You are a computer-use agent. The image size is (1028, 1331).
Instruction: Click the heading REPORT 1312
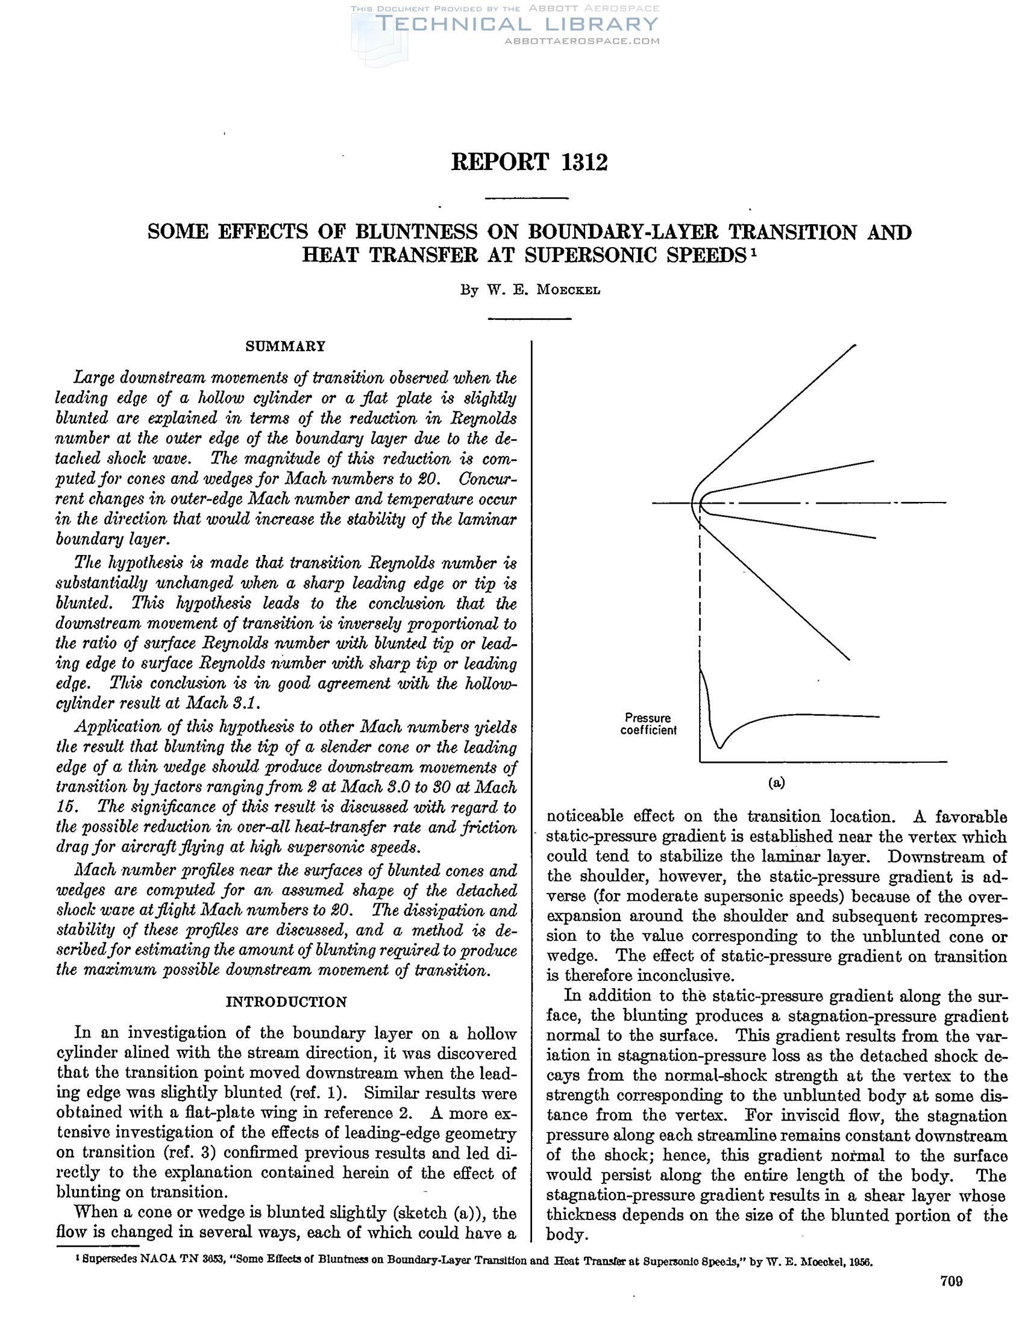tap(529, 162)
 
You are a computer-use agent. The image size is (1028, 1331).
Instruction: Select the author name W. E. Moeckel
tap(544, 290)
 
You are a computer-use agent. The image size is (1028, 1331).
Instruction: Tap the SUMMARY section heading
tap(285, 346)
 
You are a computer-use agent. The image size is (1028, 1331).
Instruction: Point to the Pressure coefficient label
tap(648, 724)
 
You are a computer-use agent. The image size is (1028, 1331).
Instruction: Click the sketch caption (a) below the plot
tap(776, 783)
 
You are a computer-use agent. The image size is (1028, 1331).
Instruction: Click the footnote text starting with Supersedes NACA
tap(475, 1260)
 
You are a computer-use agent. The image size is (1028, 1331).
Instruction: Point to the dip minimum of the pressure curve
tap(720, 747)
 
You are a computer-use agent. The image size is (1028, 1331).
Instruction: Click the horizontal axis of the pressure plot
tap(823, 762)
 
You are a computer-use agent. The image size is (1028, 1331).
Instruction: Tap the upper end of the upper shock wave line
tap(854, 345)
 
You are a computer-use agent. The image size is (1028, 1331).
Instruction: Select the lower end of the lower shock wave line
tap(848, 659)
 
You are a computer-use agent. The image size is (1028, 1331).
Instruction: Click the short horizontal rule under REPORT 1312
tap(528, 198)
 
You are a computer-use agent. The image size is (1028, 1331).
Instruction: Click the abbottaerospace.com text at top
tap(582, 42)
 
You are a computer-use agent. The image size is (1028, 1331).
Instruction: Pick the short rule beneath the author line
tap(530, 318)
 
